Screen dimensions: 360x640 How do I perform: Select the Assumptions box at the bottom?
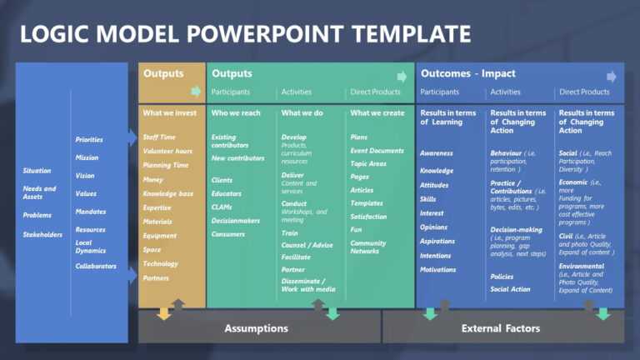[x=256, y=328]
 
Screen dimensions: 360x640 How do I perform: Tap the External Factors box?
[x=500, y=328]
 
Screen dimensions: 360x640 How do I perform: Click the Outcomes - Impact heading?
[x=467, y=73]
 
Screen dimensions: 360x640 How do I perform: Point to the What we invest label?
[x=170, y=112]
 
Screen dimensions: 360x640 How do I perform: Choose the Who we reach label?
[x=237, y=112]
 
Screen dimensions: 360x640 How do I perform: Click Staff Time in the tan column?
[x=159, y=137]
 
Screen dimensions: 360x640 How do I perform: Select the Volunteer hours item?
[x=167, y=151]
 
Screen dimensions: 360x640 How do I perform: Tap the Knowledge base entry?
[x=168, y=193]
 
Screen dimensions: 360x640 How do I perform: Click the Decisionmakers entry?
[x=236, y=221]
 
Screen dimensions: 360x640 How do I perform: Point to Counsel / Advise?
[x=307, y=245]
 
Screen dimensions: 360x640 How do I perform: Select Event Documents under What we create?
[x=377, y=151]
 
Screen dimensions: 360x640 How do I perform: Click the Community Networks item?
[x=368, y=247]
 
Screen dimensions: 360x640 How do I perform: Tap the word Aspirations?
[x=438, y=242]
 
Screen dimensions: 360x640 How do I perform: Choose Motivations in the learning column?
[x=438, y=270]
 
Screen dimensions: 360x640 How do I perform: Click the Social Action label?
[x=510, y=289]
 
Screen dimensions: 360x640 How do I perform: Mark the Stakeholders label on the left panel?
[x=42, y=235]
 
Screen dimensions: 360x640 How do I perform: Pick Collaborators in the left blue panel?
[x=96, y=267]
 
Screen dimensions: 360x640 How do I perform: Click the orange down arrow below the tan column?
[x=164, y=314]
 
